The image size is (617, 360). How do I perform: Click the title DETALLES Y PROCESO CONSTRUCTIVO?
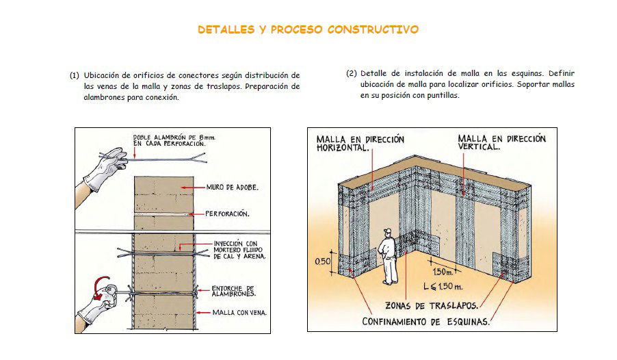(308, 30)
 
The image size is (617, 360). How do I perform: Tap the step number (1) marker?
(74, 75)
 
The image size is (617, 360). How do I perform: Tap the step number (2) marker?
(352, 73)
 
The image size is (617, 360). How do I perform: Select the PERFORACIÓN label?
(227, 214)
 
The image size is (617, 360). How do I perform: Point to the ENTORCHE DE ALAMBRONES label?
(234, 290)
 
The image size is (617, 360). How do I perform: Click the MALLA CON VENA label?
(239, 313)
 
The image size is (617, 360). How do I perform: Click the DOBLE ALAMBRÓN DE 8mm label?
(169, 141)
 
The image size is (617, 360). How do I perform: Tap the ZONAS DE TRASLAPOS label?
(431, 305)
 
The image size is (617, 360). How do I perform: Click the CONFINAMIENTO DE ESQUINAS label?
(425, 322)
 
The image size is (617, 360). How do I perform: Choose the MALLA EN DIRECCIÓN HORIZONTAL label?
(360, 142)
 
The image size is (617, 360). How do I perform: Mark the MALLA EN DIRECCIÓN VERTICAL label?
(501, 142)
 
